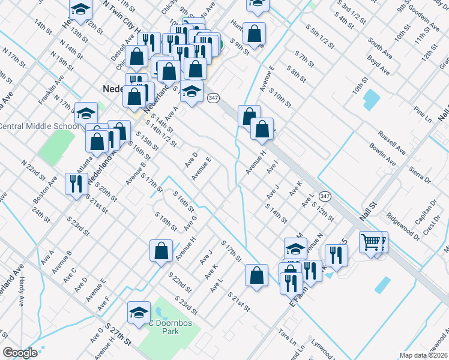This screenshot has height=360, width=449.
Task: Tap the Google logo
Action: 20,352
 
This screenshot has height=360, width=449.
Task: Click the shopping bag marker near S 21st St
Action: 256,275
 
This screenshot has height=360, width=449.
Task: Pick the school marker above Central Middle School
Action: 86,113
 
